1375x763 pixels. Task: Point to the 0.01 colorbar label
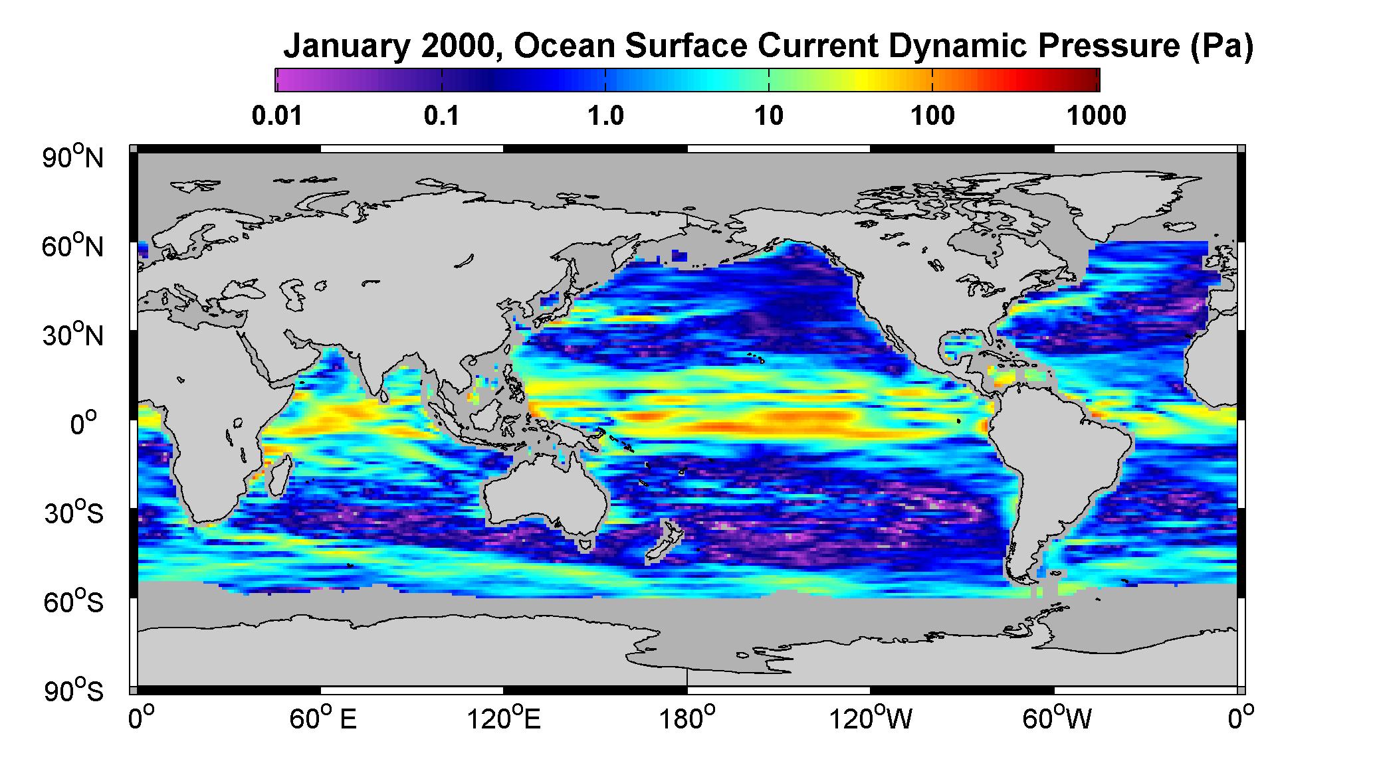(277, 116)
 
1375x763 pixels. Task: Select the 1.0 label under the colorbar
(605, 116)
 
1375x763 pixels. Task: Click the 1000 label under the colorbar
(1097, 116)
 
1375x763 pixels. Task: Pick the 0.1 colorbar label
(442, 116)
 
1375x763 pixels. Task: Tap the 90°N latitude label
(73, 157)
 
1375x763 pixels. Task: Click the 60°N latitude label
(73, 246)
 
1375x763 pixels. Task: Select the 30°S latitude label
(74, 513)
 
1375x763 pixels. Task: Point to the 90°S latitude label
(74, 691)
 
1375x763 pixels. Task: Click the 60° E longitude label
(323, 718)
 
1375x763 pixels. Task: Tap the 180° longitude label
(687, 718)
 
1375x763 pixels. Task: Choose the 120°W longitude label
(870, 718)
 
